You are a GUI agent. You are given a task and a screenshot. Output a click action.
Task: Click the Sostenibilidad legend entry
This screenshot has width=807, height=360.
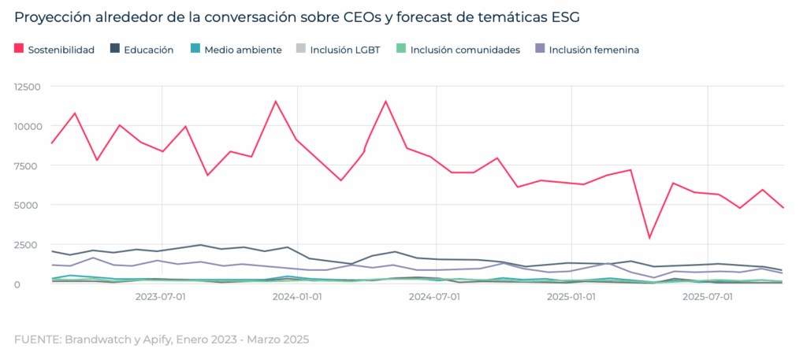[61, 50]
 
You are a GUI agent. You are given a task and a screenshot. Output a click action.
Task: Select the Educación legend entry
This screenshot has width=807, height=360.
[148, 50]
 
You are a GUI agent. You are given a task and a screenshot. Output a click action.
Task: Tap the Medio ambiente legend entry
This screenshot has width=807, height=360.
[242, 50]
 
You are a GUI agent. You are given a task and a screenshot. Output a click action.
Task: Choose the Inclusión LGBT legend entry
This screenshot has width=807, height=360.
[344, 50]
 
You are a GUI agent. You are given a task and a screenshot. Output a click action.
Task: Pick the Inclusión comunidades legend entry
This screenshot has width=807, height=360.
[465, 50]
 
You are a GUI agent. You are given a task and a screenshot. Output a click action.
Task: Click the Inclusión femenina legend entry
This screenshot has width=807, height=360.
[593, 50]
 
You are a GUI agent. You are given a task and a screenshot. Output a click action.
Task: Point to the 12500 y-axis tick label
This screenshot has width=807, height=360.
[30, 87]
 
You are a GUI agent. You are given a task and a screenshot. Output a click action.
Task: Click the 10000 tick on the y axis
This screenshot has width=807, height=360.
[30, 126]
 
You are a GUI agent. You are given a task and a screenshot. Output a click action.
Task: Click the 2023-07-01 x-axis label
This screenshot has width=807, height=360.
[161, 297]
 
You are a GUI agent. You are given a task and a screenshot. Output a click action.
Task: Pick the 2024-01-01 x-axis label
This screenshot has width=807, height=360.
[297, 297]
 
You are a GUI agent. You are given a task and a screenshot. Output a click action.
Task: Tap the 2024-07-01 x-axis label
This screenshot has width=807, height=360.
[434, 297]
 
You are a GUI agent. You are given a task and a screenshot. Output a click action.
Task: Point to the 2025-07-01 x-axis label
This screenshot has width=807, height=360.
[708, 297]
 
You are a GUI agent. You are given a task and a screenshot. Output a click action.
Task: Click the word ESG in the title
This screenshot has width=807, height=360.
[571, 17]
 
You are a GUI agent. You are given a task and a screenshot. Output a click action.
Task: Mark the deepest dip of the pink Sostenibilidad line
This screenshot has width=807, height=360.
[649, 237]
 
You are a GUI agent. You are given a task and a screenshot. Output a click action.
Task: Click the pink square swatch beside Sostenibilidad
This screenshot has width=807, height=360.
[19, 50]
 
